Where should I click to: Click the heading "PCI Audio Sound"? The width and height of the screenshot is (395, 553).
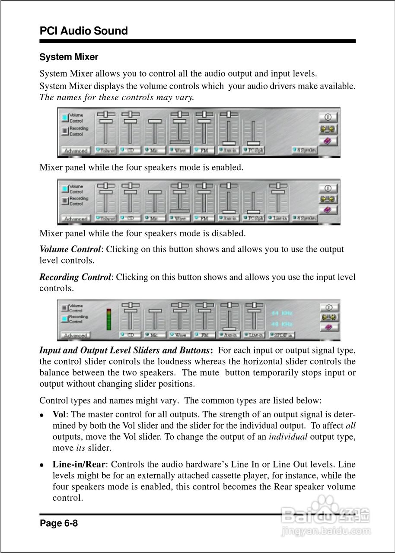pos(83,31)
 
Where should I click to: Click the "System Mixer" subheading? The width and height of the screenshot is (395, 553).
pos(69,57)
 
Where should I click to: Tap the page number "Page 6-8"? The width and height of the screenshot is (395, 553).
pos(59,524)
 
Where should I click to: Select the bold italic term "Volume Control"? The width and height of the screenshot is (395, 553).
pos(70,249)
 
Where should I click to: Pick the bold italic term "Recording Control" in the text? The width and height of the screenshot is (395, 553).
pos(75,277)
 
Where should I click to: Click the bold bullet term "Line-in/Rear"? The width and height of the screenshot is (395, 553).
pos(79,464)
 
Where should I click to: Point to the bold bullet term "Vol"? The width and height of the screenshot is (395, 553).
pos(59,413)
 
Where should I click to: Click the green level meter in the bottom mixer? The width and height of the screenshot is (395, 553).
pos(109,319)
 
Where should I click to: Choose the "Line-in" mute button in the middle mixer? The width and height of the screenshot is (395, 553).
pos(278,219)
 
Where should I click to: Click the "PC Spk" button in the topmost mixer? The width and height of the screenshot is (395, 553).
pos(253,150)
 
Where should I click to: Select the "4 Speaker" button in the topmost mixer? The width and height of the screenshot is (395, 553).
pos(304,150)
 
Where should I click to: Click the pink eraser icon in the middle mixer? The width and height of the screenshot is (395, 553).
pos(328,210)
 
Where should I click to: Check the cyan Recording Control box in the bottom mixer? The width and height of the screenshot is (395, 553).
pos(65,319)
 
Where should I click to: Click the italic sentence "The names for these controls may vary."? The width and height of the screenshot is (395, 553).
pos(117,97)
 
